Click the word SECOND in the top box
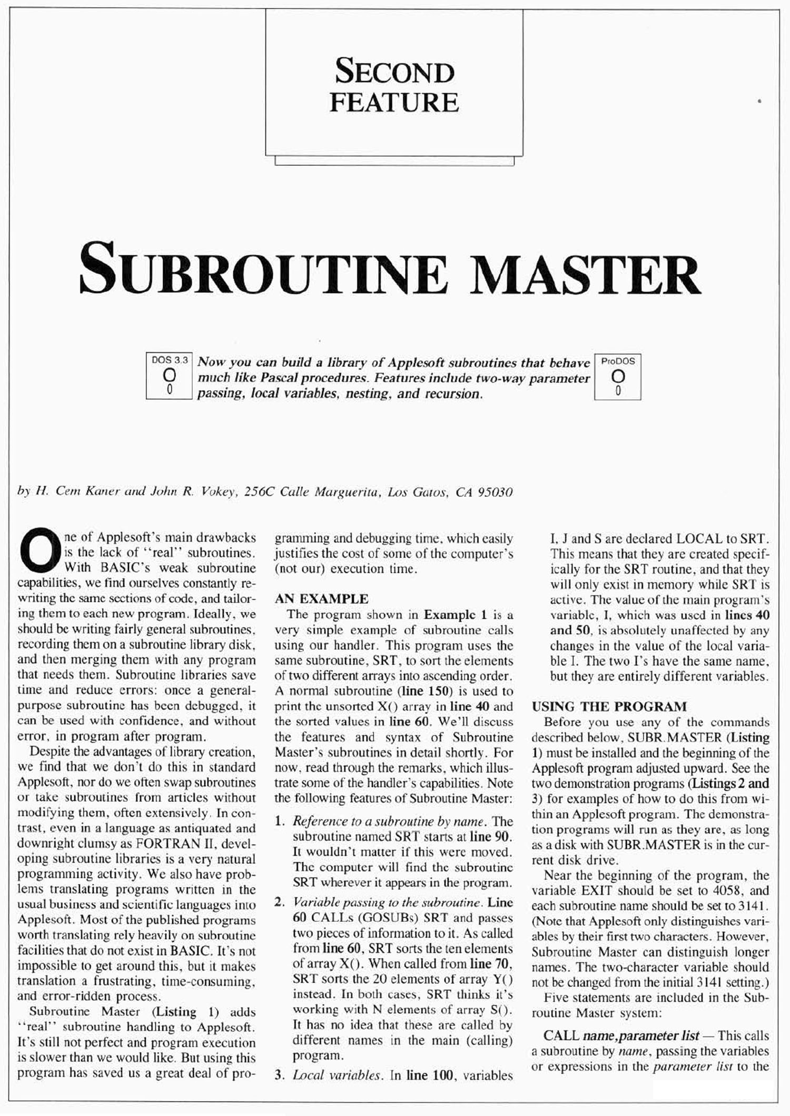(x=394, y=72)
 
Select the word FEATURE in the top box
(x=394, y=102)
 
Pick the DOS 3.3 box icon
(x=169, y=376)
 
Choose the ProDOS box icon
(x=618, y=376)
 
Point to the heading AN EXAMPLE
(x=321, y=599)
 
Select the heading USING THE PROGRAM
(x=609, y=706)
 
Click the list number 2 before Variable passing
(x=280, y=903)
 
